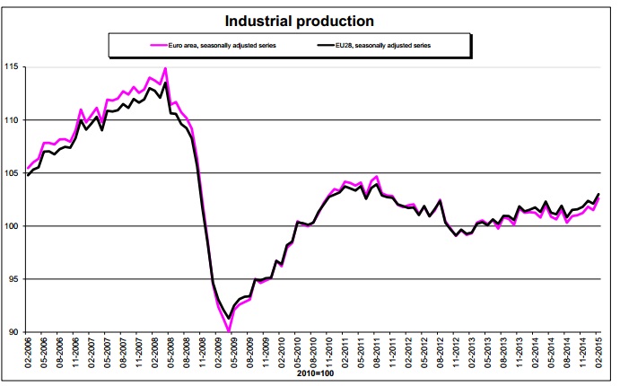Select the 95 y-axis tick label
pos(14,279)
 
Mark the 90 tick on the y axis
pos(14,332)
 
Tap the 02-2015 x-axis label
pos(598,355)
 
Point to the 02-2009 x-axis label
pos(218,355)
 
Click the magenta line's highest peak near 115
pos(165,68)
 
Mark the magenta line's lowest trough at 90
pos(229,331)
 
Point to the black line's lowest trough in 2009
pos(229,319)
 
